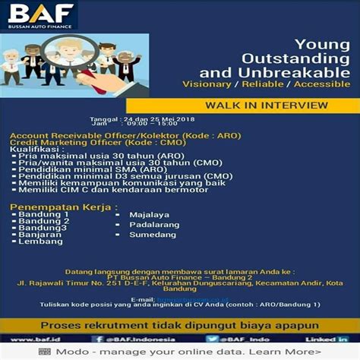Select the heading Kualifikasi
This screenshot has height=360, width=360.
point(35,150)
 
